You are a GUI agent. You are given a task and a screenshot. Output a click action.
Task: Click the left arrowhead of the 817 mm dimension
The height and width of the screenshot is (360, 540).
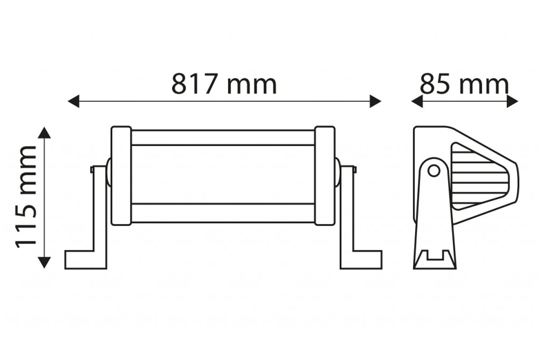tap(73, 101)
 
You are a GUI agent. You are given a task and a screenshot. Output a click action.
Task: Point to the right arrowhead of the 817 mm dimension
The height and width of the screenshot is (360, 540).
tap(375, 101)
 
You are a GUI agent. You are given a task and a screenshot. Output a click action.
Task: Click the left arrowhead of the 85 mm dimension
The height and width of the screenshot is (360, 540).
tap(417, 101)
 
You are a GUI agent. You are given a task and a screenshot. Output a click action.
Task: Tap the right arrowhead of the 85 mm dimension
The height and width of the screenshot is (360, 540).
tap(513, 101)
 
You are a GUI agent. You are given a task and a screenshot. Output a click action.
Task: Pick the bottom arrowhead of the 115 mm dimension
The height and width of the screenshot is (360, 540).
tap(44, 262)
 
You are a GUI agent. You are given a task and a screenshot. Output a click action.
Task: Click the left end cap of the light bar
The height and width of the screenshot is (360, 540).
tap(121, 176)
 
